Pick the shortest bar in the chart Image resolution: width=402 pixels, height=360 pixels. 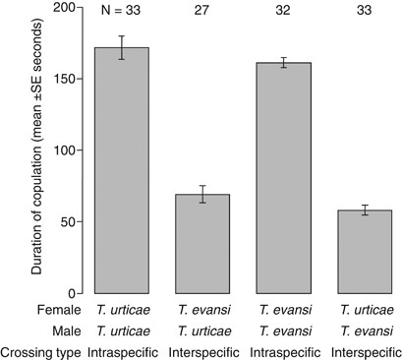click(365, 252)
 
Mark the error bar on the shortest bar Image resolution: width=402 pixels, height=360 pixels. click(365, 210)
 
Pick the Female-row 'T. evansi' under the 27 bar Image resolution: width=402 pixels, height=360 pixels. click(202, 311)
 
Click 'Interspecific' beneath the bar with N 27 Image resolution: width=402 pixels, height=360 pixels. click(202, 349)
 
